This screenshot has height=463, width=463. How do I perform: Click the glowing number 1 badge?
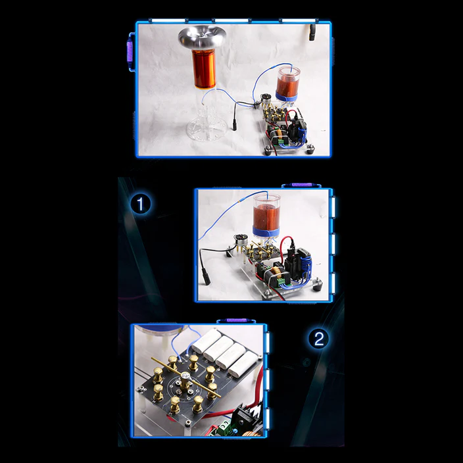(x=141, y=204)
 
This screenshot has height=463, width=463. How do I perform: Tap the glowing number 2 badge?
(x=318, y=339)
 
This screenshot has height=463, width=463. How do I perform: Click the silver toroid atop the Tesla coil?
(x=202, y=37)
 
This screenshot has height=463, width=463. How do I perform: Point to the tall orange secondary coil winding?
(x=204, y=69)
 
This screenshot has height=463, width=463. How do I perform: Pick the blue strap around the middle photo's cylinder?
(x=266, y=231)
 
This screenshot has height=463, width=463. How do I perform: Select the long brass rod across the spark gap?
(x=185, y=378)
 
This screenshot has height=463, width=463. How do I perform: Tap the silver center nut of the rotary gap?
(x=185, y=376)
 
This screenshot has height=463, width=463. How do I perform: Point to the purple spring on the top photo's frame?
(x=130, y=52)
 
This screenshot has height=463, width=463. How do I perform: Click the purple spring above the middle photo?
(x=301, y=185)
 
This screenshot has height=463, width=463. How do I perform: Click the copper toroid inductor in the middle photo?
(x=276, y=271)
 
